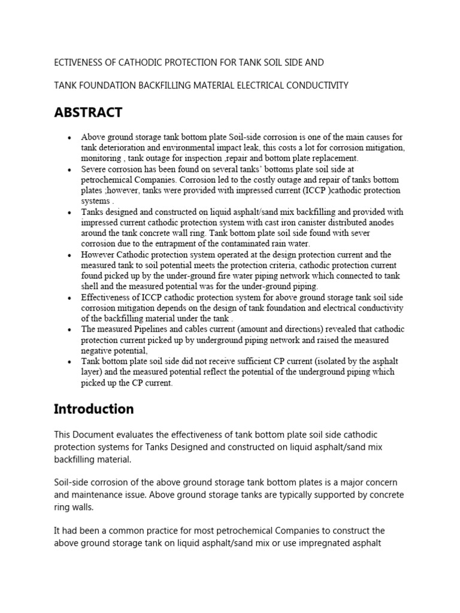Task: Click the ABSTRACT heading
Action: pyautogui.click(x=88, y=113)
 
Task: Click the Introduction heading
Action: pyautogui.click(x=94, y=409)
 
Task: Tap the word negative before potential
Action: pyautogui.click(x=98, y=351)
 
